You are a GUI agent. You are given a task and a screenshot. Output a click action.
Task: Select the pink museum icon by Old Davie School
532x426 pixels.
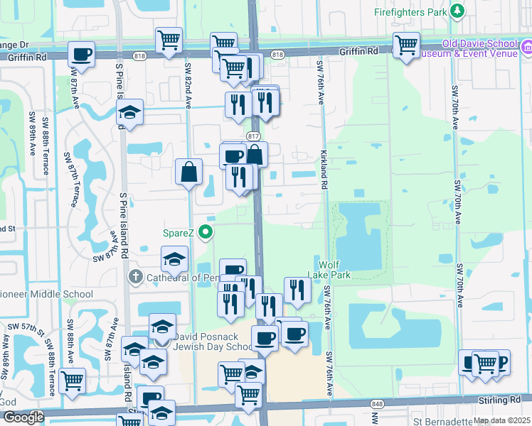point(526,48)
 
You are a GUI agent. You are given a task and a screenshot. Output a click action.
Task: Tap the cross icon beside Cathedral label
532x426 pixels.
point(135,276)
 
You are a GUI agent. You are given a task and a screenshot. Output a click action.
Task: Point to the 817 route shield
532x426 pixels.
point(254,136)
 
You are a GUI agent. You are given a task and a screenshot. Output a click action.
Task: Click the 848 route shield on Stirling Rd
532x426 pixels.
point(375,403)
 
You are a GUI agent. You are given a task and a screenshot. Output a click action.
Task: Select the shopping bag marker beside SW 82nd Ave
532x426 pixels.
point(189,172)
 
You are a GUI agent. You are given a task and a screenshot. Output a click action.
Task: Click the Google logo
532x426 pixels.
point(23,417)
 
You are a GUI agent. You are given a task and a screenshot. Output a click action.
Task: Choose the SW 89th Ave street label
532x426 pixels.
point(32,133)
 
